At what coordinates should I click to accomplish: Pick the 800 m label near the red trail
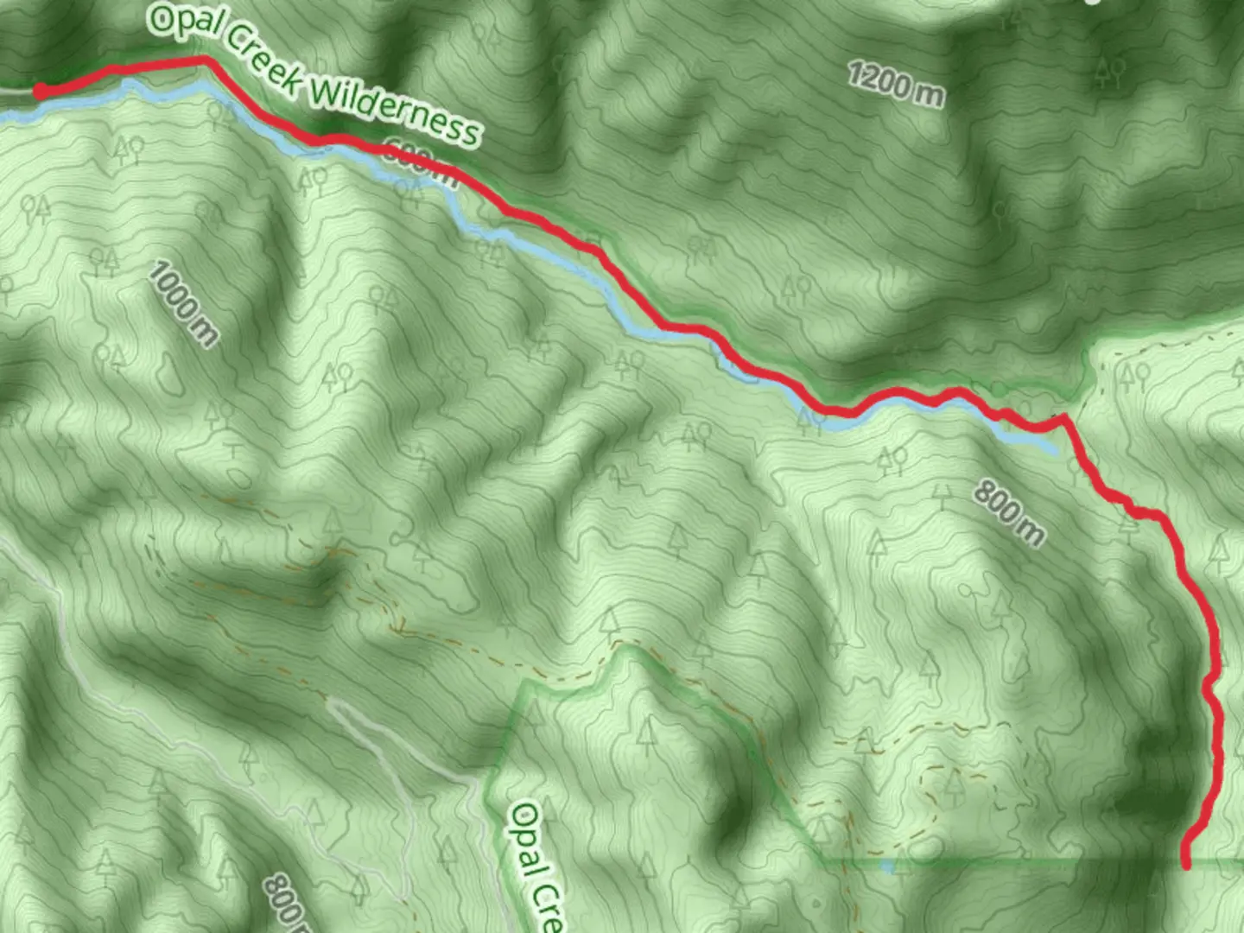[1009, 512]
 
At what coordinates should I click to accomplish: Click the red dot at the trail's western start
[40, 91]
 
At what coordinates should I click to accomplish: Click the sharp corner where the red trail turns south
[1063, 417]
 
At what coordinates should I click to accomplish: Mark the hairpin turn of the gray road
[333, 703]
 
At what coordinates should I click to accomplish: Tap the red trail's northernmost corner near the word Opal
[206, 59]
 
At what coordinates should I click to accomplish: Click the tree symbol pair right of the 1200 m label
[1109, 73]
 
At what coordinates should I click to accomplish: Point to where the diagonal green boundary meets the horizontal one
[816, 860]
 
